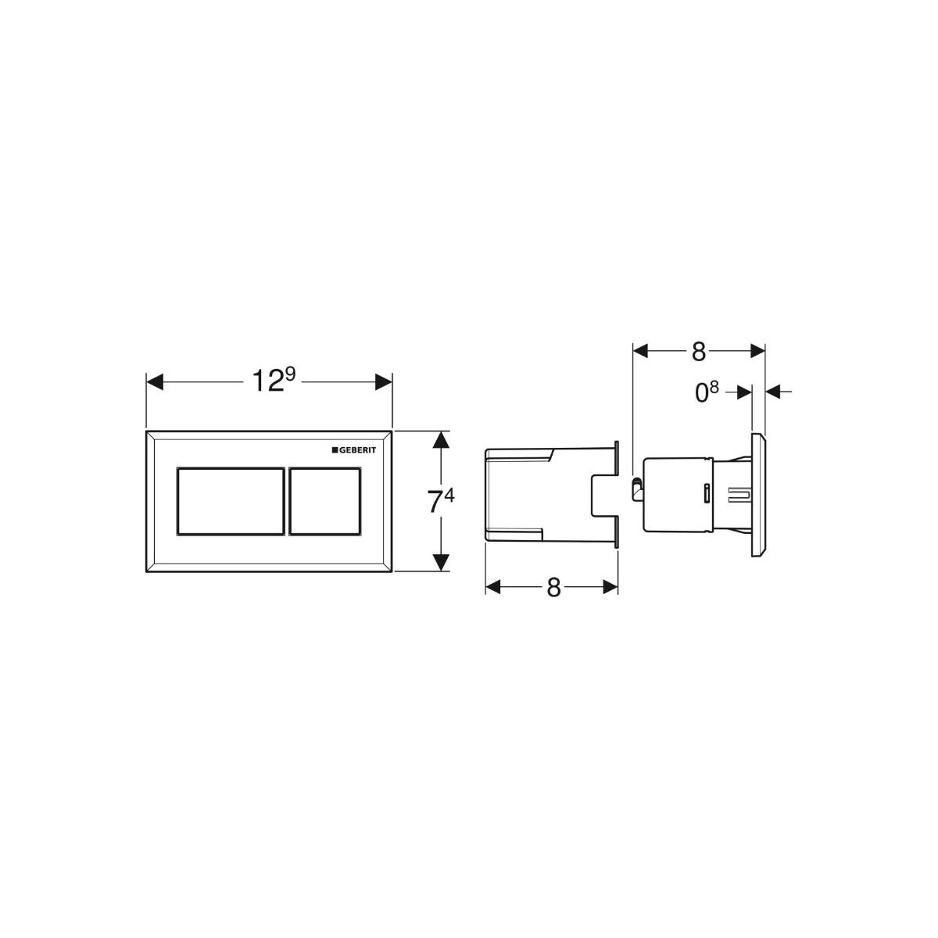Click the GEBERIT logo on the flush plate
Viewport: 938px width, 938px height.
[354, 450]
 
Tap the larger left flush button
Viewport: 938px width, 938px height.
[231, 501]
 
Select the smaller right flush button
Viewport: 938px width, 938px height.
[325, 501]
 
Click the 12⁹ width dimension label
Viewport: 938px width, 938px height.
[274, 380]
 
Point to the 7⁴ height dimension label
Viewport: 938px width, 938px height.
[441, 500]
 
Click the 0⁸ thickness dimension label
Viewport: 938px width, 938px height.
[707, 393]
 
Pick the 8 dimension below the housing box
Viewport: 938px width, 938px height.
[554, 588]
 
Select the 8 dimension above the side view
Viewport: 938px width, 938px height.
[699, 352]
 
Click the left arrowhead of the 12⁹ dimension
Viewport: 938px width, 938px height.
[155, 382]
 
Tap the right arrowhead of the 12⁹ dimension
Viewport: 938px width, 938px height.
[384, 382]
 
